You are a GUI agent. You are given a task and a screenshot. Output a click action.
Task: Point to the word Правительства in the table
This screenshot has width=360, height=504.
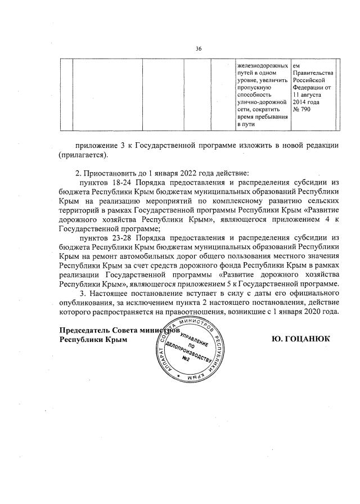313,73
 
